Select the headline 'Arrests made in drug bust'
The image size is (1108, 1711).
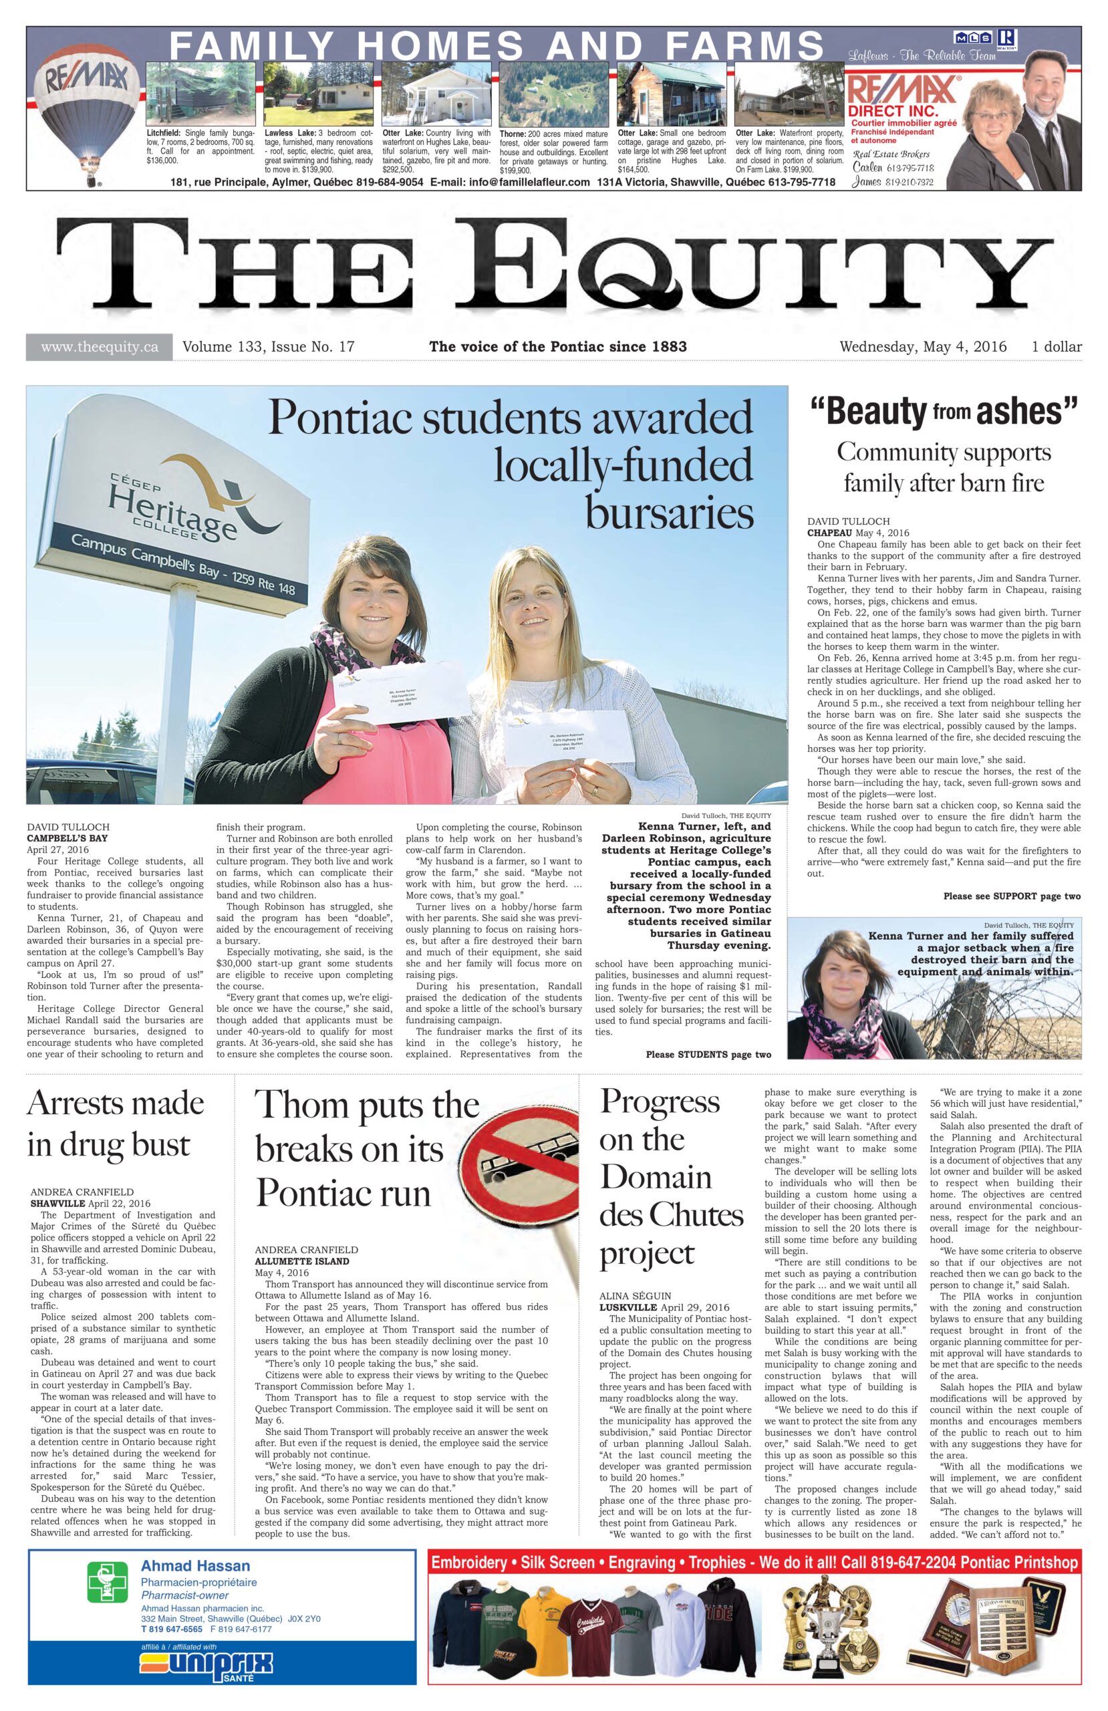[115, 1123]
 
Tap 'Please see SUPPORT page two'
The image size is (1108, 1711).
[1011, 896]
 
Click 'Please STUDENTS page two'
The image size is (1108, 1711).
[708, 1055]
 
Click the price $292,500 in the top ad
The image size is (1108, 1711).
[398, 170]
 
